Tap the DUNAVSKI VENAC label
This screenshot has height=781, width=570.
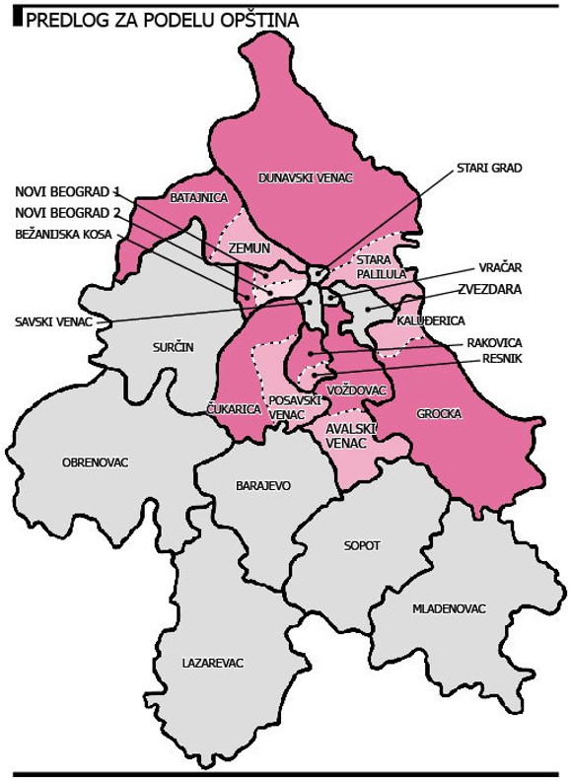coord(305,177)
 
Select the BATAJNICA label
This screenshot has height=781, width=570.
coord(199,198)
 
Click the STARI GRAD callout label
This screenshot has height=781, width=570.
coord(488,168)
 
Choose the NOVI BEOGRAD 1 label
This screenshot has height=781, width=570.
coord(67,190)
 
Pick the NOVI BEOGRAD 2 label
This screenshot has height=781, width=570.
coord(67,212)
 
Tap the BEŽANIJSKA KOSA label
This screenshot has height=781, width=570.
coord(63,235)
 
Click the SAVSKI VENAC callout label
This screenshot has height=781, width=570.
coord(55,321)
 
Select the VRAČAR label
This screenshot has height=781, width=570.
coord(500,267)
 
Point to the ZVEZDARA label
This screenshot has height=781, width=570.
coord(489,290)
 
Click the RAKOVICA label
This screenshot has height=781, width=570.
coord(494,343)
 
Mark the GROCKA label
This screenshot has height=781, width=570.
coord(440,414)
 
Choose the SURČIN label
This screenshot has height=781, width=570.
coord(174,348)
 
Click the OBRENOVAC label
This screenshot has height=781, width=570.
coord(95,461)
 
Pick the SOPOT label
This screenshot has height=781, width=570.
coord(362,545)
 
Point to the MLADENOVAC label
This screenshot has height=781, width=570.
coord(450,608)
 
